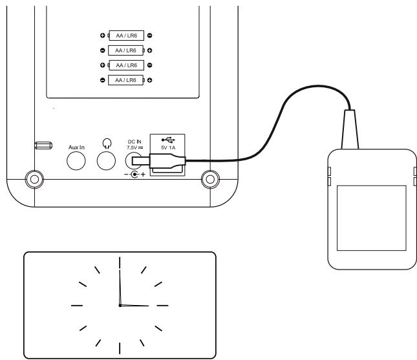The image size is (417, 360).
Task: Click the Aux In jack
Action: [x=77, y=161]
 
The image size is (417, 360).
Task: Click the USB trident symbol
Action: [x=167, y=139]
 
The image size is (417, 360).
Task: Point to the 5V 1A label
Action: [x=167, y=147]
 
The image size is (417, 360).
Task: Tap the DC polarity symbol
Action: [x=134, y=175]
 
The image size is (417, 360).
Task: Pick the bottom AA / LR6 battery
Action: [x=125, y=79]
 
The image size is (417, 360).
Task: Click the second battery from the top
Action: [x=125, y=49]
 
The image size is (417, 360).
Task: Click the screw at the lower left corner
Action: [x=30, y=178]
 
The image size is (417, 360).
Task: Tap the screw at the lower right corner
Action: [x=209, y=178]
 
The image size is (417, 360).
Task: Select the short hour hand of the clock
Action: [x=134, y=304]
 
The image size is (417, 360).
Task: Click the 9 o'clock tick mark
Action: [x=77, y=304]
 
